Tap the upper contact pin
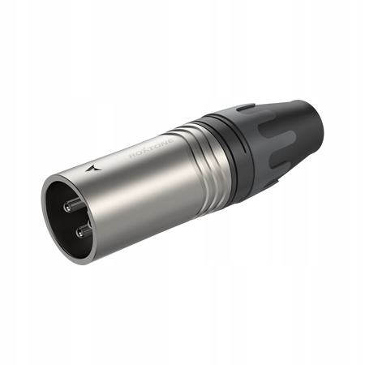[70, 202]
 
